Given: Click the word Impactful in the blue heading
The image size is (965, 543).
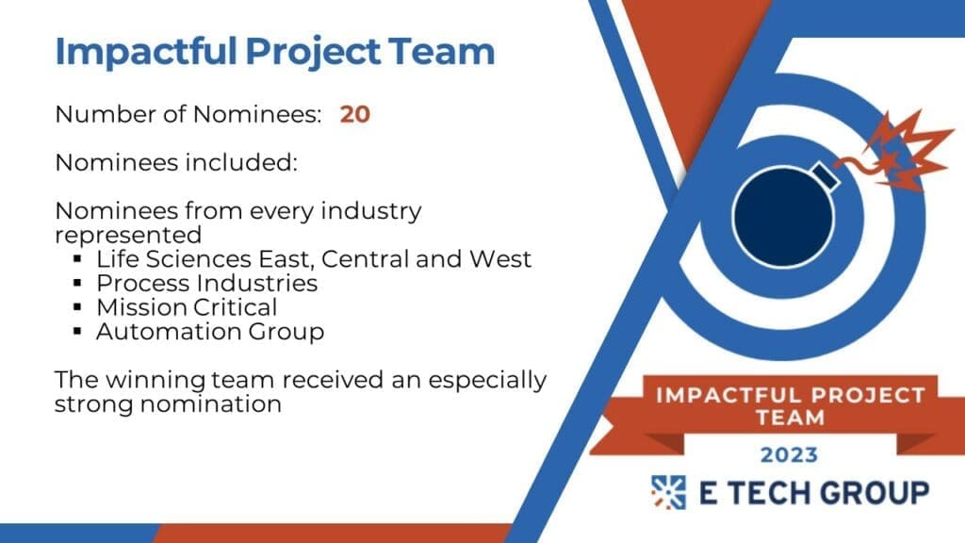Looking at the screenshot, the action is pos(146,52).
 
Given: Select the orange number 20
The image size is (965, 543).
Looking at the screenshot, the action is pos(355,114).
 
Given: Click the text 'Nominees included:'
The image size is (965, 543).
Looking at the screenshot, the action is pos(176,162).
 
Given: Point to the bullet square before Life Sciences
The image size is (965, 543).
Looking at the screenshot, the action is pos(77,259).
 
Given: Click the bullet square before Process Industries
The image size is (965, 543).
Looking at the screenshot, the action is pos(77,283).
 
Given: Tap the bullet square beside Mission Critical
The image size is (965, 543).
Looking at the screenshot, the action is pos(77,307).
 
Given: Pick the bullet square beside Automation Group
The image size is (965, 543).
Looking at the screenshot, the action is pos(77,331).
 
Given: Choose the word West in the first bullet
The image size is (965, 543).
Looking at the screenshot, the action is pos(500,259).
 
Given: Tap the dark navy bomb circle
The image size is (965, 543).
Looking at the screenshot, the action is pos(783,218).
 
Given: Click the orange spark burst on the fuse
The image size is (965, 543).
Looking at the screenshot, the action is pos(904,151).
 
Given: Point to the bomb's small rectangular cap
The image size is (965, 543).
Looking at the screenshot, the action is pos(826,176).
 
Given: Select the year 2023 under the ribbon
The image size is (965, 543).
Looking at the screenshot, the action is pos(789,455).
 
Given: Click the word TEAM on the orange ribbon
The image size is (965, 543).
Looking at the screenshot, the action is pos(791,418).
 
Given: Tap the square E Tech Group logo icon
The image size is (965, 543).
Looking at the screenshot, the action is pos(668,492).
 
